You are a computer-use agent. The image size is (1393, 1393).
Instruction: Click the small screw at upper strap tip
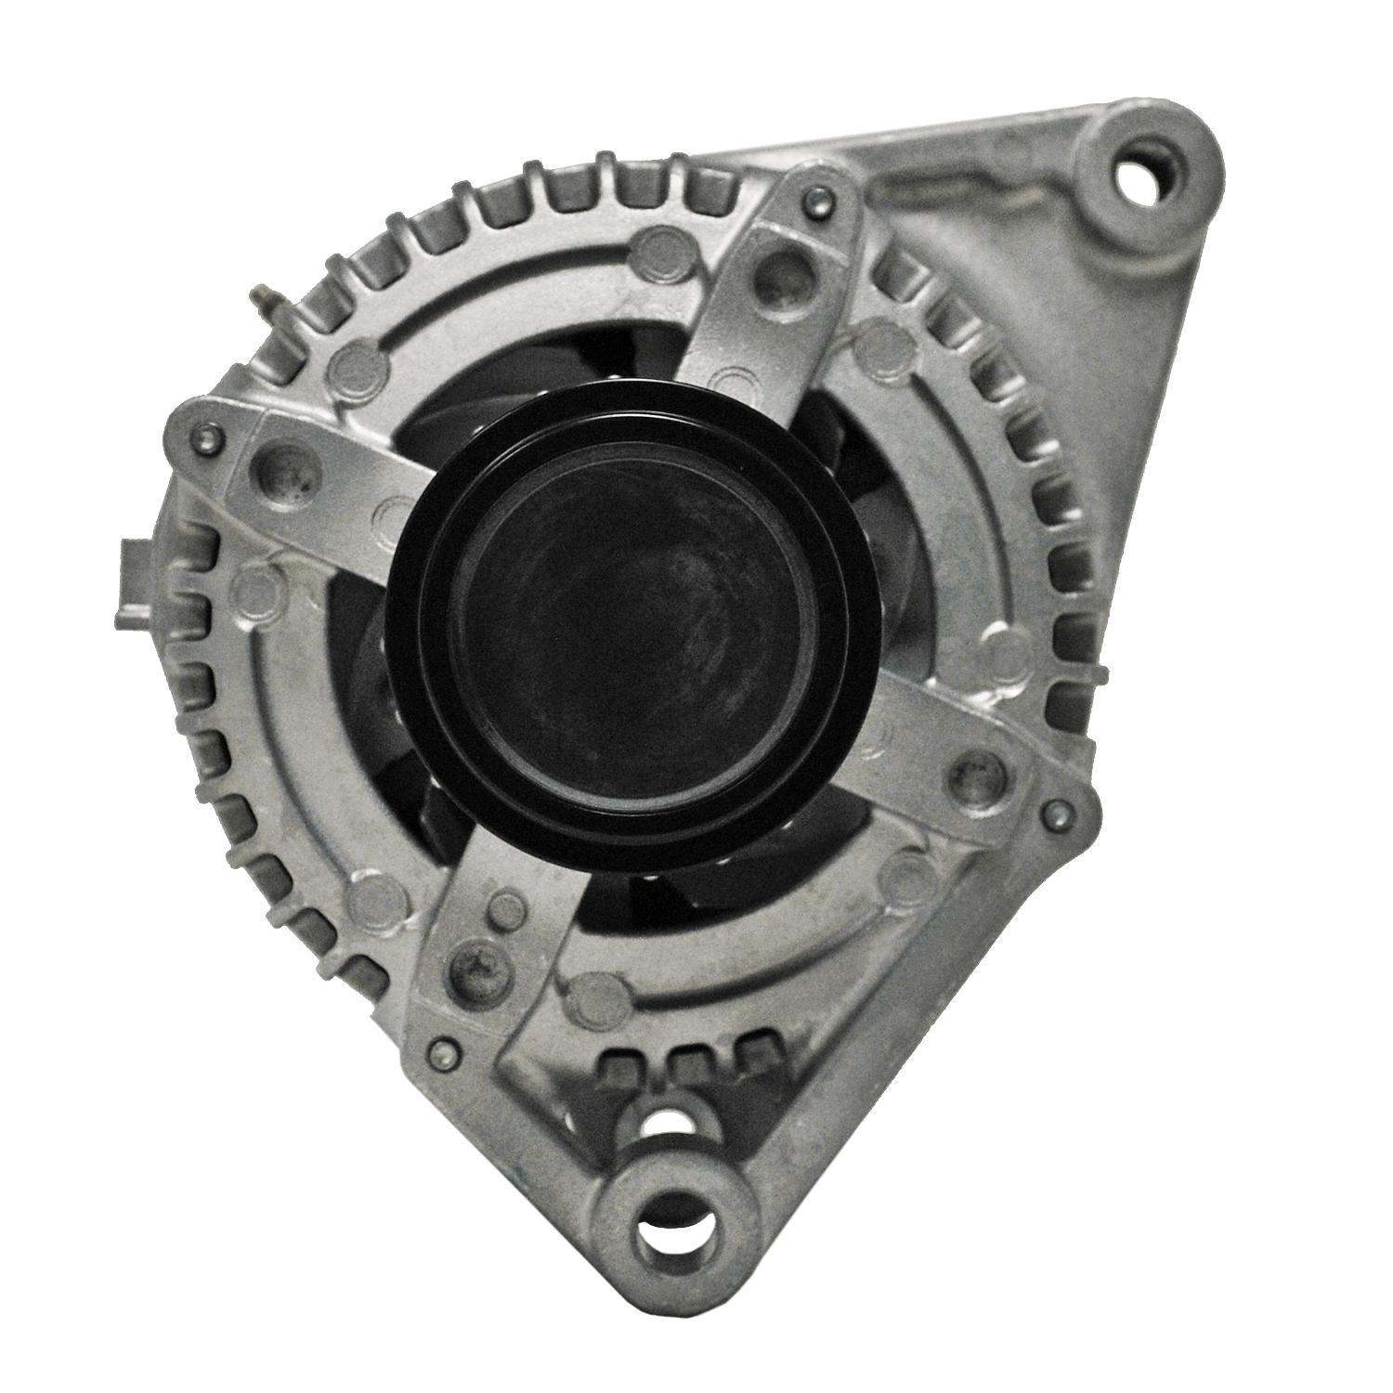812,196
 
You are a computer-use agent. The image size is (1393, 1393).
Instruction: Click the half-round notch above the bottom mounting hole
665,1123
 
